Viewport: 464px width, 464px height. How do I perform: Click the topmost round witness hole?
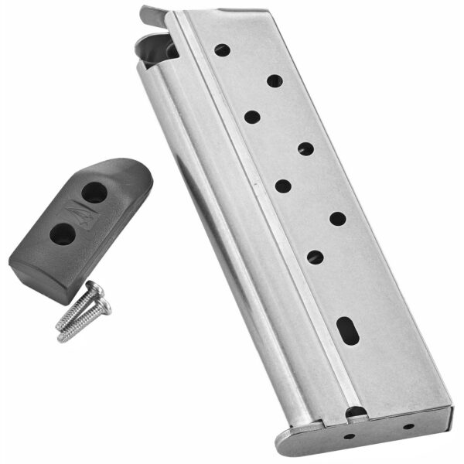point(222,50)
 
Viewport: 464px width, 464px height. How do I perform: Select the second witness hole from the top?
point(274,80)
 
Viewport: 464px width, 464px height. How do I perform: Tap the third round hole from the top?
point(252,117)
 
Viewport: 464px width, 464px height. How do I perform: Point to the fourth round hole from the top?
point(305,148)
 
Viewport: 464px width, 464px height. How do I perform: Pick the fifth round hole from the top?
point(283,186)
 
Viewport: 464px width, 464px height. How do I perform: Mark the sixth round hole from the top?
point(337,218)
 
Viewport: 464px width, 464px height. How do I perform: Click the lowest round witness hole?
point(315,256)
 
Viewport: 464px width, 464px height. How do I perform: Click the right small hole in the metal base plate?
point(408,426)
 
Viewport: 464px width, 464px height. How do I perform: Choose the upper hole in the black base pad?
point(94,194)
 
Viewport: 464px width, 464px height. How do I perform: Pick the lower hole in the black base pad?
point(61,232)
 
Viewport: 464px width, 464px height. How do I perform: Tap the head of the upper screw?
point(94,289)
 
